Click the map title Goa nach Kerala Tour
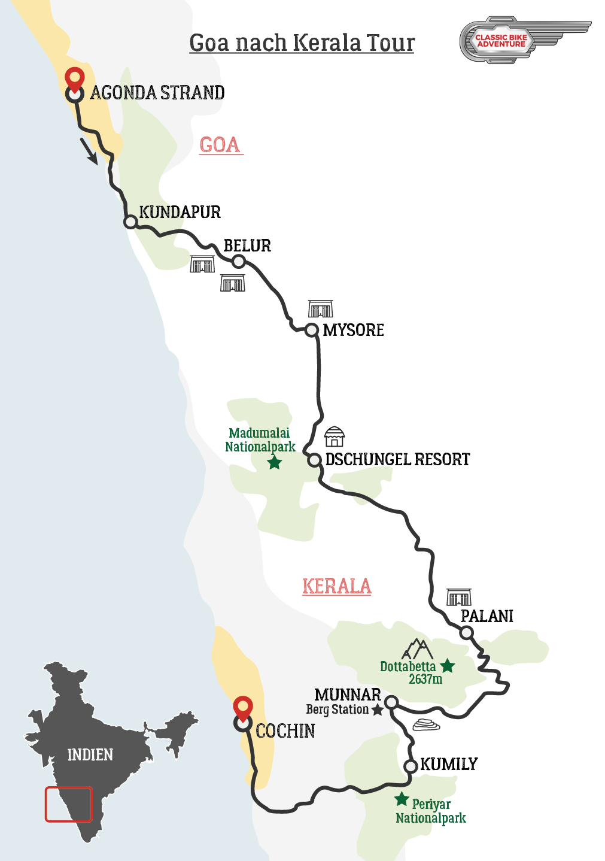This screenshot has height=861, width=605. point(302,43)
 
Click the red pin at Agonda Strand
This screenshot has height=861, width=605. point(74,79)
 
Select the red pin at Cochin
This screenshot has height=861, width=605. point(242,708)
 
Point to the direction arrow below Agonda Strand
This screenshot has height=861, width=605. point(89,151)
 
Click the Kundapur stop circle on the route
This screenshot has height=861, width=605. point(130,222)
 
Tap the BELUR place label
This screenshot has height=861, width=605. point(247,245)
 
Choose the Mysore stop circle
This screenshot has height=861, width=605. point(311,330)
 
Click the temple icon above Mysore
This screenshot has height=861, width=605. point(320,309)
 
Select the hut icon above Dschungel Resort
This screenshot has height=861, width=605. point(335,436)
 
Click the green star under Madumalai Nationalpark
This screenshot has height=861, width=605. point(275,462)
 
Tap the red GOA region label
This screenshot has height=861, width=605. point(220,145)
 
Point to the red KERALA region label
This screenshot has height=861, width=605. point(336,586)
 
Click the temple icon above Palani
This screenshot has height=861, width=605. point(459,597)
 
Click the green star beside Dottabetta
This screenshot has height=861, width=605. point(448,666)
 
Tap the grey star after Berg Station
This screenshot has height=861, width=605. point(378,710)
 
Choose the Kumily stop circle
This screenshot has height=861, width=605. point(411,766)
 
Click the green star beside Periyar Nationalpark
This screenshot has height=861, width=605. point(402,799)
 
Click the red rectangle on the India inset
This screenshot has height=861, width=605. point(69,804)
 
